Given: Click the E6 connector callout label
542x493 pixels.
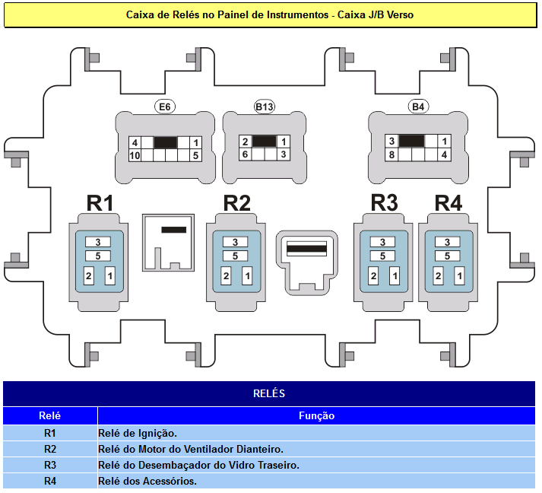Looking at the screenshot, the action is (x=165, y=107).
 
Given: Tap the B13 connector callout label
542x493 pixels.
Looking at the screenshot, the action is (x=264, y=107).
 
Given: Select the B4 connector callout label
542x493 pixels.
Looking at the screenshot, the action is (x=418, y=107).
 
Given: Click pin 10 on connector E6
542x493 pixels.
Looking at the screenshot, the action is (x=135, y=156).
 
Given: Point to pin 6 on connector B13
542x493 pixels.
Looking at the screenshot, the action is (x=245, y=154).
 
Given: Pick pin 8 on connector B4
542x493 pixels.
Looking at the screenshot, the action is (x=391, y=154).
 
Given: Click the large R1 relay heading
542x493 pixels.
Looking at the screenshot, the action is (x=100, y=202).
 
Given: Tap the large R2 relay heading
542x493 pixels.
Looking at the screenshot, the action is (x=236, y=202).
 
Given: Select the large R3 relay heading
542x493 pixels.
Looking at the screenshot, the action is (x=384, y=202).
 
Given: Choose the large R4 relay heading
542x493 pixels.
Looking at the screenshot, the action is (x=448, y=202).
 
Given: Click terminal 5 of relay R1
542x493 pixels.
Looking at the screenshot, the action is (x=98, y=256).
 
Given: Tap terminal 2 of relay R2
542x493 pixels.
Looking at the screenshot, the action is (x=226, y=275).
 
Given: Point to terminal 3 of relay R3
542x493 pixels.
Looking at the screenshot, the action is (x=382, y=242).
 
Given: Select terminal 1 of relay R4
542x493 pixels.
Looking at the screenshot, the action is (x=459, y=275).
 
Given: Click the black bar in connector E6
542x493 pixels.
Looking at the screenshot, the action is (x=166, y=142).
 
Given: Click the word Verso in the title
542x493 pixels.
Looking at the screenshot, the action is (x=400, y=15).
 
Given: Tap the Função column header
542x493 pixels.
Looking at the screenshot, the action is (x=317, y=415).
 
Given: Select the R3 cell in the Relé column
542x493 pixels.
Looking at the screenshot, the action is (x=50, y=465).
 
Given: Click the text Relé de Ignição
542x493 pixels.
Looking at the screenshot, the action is (x=138, y=433).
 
